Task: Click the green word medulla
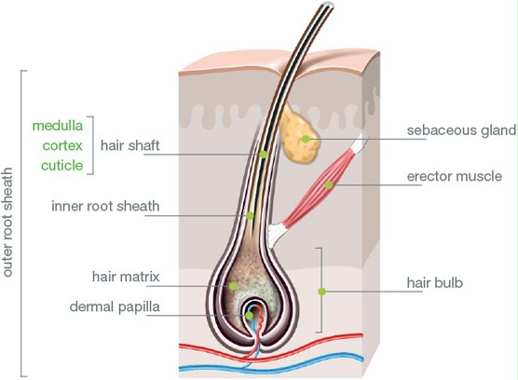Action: [x=58, y=126]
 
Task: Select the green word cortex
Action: [x=62, y=145]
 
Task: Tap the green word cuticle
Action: [x=61, y=166]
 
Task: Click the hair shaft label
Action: [x=130, y=145]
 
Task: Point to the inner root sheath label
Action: [x=105, y=206]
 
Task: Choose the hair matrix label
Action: [x=126, y=277]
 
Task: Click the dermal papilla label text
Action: [x=115, y=307]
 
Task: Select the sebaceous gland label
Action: [x=461, y=130]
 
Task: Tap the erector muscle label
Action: [x=455, y=176]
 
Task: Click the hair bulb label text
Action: [x=435, y=283]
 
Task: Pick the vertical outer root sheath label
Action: [x=7, y=223]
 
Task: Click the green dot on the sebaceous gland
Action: [x=306, y=139]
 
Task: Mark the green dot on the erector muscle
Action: [x=328, y=185]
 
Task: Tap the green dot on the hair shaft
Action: [x=264, y=155]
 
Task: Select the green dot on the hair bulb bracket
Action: [x=322, y=292]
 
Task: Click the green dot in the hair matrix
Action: [x=233, y=286]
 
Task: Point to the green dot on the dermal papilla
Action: [x=250, y=316]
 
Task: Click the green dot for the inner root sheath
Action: [x=250, y=216]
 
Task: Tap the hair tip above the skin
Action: [x=329, y=5]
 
